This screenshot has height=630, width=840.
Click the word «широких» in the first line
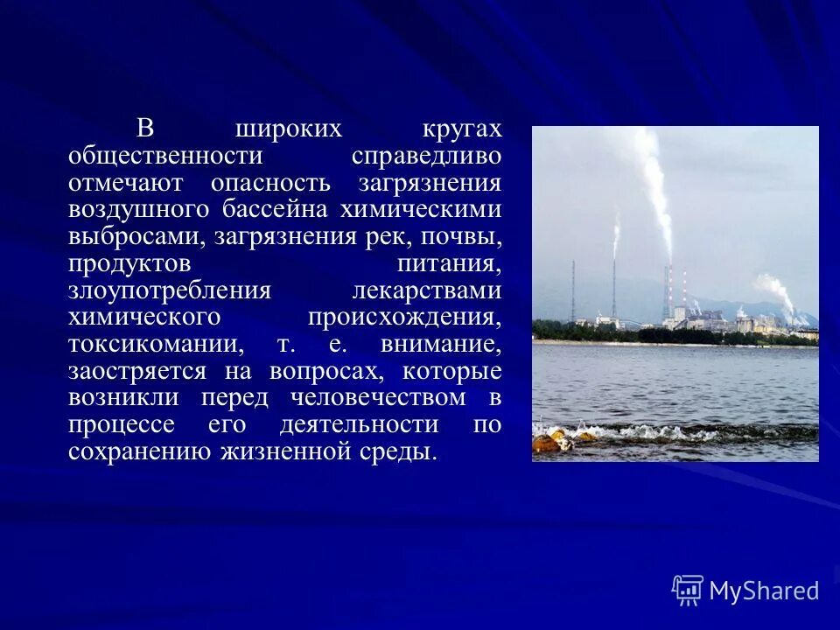(288, 129)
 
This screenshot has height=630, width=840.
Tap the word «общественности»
(165, 156)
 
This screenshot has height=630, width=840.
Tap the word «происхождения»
(404, 317)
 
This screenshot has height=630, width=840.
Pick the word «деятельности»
(360, 425)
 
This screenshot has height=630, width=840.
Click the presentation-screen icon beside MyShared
(688, 591)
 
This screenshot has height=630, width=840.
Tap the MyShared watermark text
(764, 591)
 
